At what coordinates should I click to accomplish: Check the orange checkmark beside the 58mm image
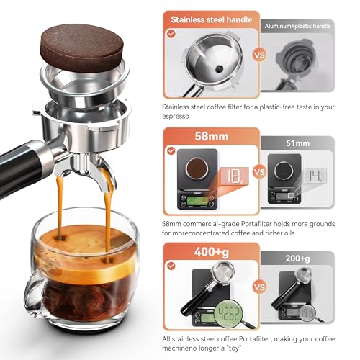171,150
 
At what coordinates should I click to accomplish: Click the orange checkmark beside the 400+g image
171,266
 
